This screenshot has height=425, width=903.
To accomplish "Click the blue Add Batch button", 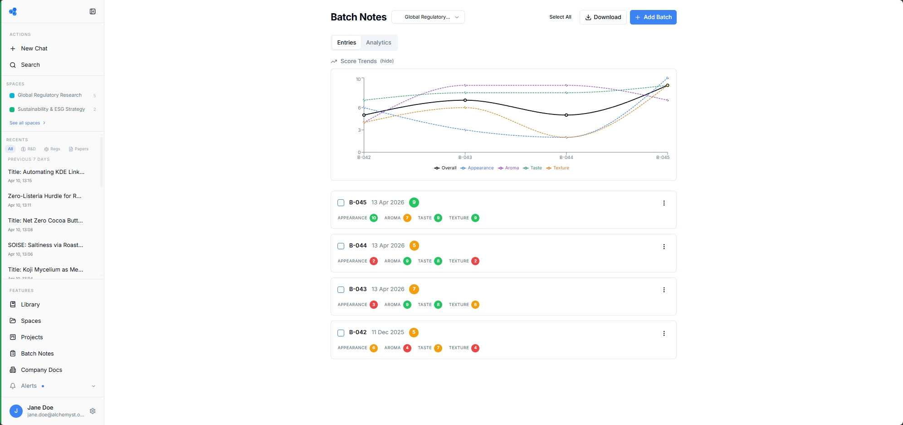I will pos(653,17).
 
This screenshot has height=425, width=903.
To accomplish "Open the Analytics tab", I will pos(378,43).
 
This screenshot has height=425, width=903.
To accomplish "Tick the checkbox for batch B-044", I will pos(341,246).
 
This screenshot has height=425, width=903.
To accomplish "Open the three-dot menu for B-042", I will pos(664,333).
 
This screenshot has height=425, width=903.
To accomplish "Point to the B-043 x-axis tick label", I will pos(465,158).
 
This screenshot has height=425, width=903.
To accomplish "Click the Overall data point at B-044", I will pos(566,115).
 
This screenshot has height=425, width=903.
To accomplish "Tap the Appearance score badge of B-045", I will pos(374,218).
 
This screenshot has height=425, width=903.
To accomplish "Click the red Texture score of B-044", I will pos(475,261).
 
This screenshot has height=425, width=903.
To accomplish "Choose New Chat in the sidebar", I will pos(34,49).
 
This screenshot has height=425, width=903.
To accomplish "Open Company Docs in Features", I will pos(41,370).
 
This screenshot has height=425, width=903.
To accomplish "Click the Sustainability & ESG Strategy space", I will pos(51,109).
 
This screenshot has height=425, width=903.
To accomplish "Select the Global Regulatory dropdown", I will pos(428,17).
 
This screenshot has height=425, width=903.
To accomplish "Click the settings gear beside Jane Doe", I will pos(93,411).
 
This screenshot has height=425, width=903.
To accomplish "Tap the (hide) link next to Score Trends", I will pos(387,61).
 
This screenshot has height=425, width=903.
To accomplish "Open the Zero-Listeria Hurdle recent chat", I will pos(44,196).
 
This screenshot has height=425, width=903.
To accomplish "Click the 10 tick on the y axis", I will pos(358,79).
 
